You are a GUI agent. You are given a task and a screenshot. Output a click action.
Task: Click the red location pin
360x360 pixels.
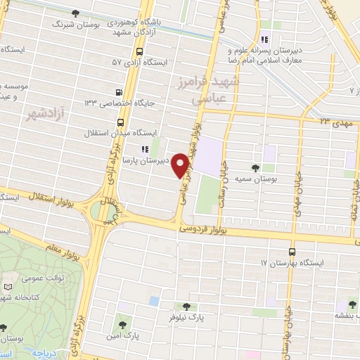coord(181,165)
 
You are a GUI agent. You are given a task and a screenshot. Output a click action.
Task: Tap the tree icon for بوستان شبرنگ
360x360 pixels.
coord(75,13)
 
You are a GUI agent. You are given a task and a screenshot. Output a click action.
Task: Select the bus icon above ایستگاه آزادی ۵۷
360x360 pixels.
coord(139,51)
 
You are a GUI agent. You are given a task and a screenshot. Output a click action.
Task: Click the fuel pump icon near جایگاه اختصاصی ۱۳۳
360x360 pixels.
coord(118,92)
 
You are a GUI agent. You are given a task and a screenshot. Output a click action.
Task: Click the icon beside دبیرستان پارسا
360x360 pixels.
coord(145,149)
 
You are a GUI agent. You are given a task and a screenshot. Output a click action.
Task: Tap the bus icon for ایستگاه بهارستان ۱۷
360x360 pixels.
coord(292,252)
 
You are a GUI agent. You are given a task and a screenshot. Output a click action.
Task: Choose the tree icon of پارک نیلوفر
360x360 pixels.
coord(186,307)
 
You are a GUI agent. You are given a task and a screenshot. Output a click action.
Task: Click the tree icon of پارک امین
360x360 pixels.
coord(123,326)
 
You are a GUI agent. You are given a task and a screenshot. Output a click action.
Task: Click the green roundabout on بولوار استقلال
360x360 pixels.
coord(103,210)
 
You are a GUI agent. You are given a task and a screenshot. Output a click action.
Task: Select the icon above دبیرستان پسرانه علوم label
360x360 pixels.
coord(264,39)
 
